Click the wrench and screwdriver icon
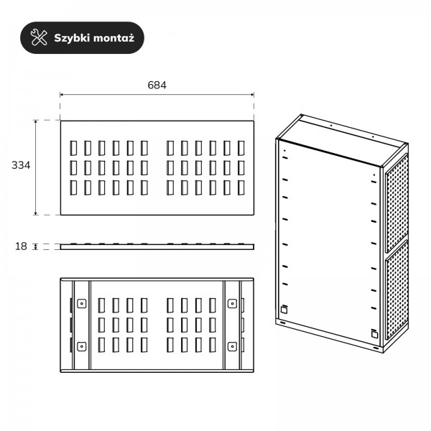(39, 37)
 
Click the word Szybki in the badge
(72, 38)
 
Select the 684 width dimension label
(157, 85)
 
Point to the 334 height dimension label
(21, 165)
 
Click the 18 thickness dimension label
(21, 246)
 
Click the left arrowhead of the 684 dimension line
(62, 95)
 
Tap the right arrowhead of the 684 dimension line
(252, 95)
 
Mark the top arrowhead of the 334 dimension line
(35, 122)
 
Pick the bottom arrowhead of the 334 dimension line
(35, 213)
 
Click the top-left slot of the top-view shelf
(73, 148)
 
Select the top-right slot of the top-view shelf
(241, 148)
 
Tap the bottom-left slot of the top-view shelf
(73, 187)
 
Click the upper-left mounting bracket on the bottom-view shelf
(81, 303)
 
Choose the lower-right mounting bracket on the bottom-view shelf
(232, 346)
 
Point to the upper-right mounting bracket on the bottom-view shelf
(232, 303)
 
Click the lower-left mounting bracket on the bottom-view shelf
(81, 346)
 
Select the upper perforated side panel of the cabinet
(397, 203)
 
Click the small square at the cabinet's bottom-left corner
(284, 310)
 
